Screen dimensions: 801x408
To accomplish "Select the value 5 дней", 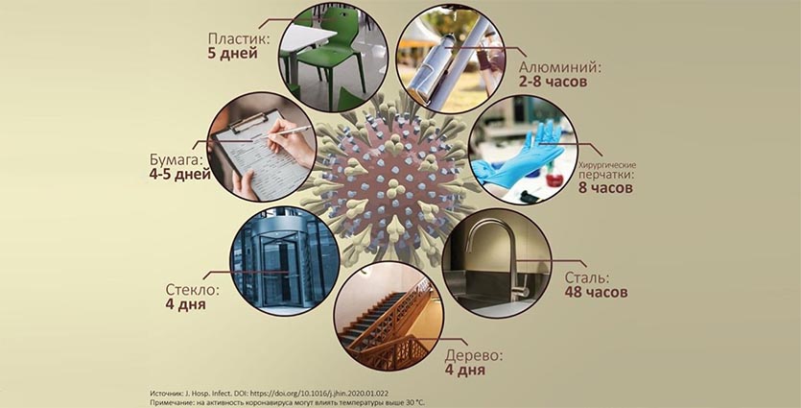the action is [x=232, y=53].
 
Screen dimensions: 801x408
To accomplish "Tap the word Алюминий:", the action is [x=560, y=67].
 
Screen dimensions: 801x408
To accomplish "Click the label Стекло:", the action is [x=193, y=290].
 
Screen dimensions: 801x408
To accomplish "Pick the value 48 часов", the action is [x=596, y=293].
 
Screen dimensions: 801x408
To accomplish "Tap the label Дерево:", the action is [x=474, y=356].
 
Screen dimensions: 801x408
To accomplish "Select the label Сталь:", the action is [x=587, y=278].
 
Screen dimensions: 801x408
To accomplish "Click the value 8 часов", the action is [x=605, y=187].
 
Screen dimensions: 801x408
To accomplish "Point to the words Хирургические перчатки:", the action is [x=607, y=169].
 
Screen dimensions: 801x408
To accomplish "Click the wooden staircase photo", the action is [x=389, y=317].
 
